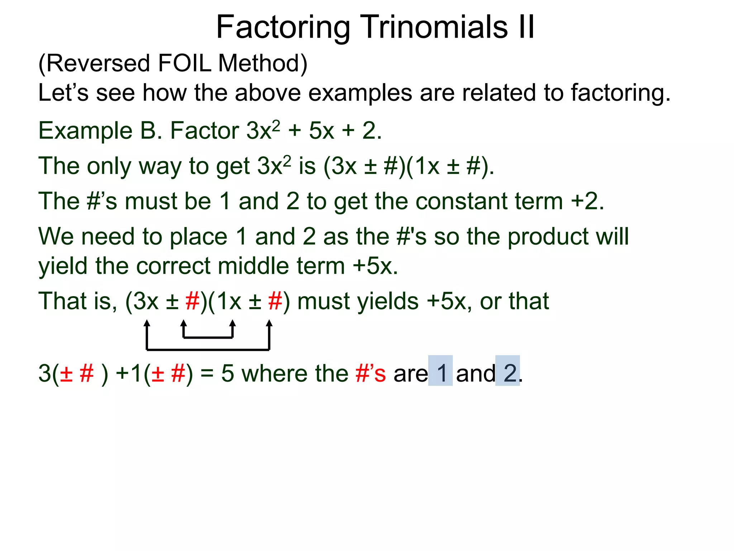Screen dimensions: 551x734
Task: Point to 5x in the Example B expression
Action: click(x=321, y=131)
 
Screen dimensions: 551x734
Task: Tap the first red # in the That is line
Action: click(x=192, y=301)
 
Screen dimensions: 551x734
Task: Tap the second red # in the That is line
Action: click(x=275, y=301)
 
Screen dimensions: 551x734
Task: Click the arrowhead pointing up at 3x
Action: click(x=147, y=324)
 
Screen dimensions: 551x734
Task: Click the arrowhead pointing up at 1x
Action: click(x=233, y=324)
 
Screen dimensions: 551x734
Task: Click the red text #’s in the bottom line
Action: click(x=371, y=373)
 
